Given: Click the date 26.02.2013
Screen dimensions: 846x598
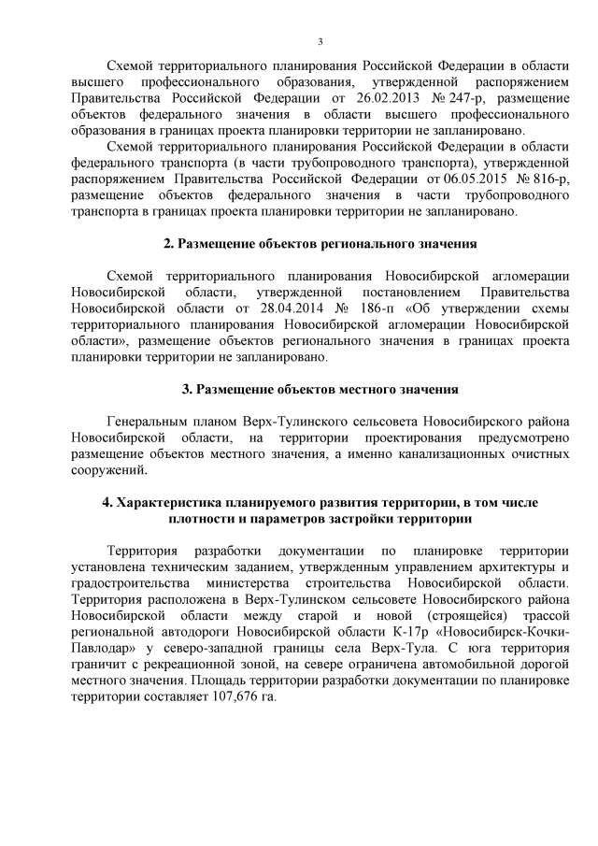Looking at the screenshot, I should pyautogui.click(x=366, y=96).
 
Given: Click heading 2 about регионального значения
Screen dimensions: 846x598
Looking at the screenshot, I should pyautogui.click(x=320, y=243).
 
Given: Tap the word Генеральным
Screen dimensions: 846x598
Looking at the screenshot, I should pyautogui.click(x=151, y=422).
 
